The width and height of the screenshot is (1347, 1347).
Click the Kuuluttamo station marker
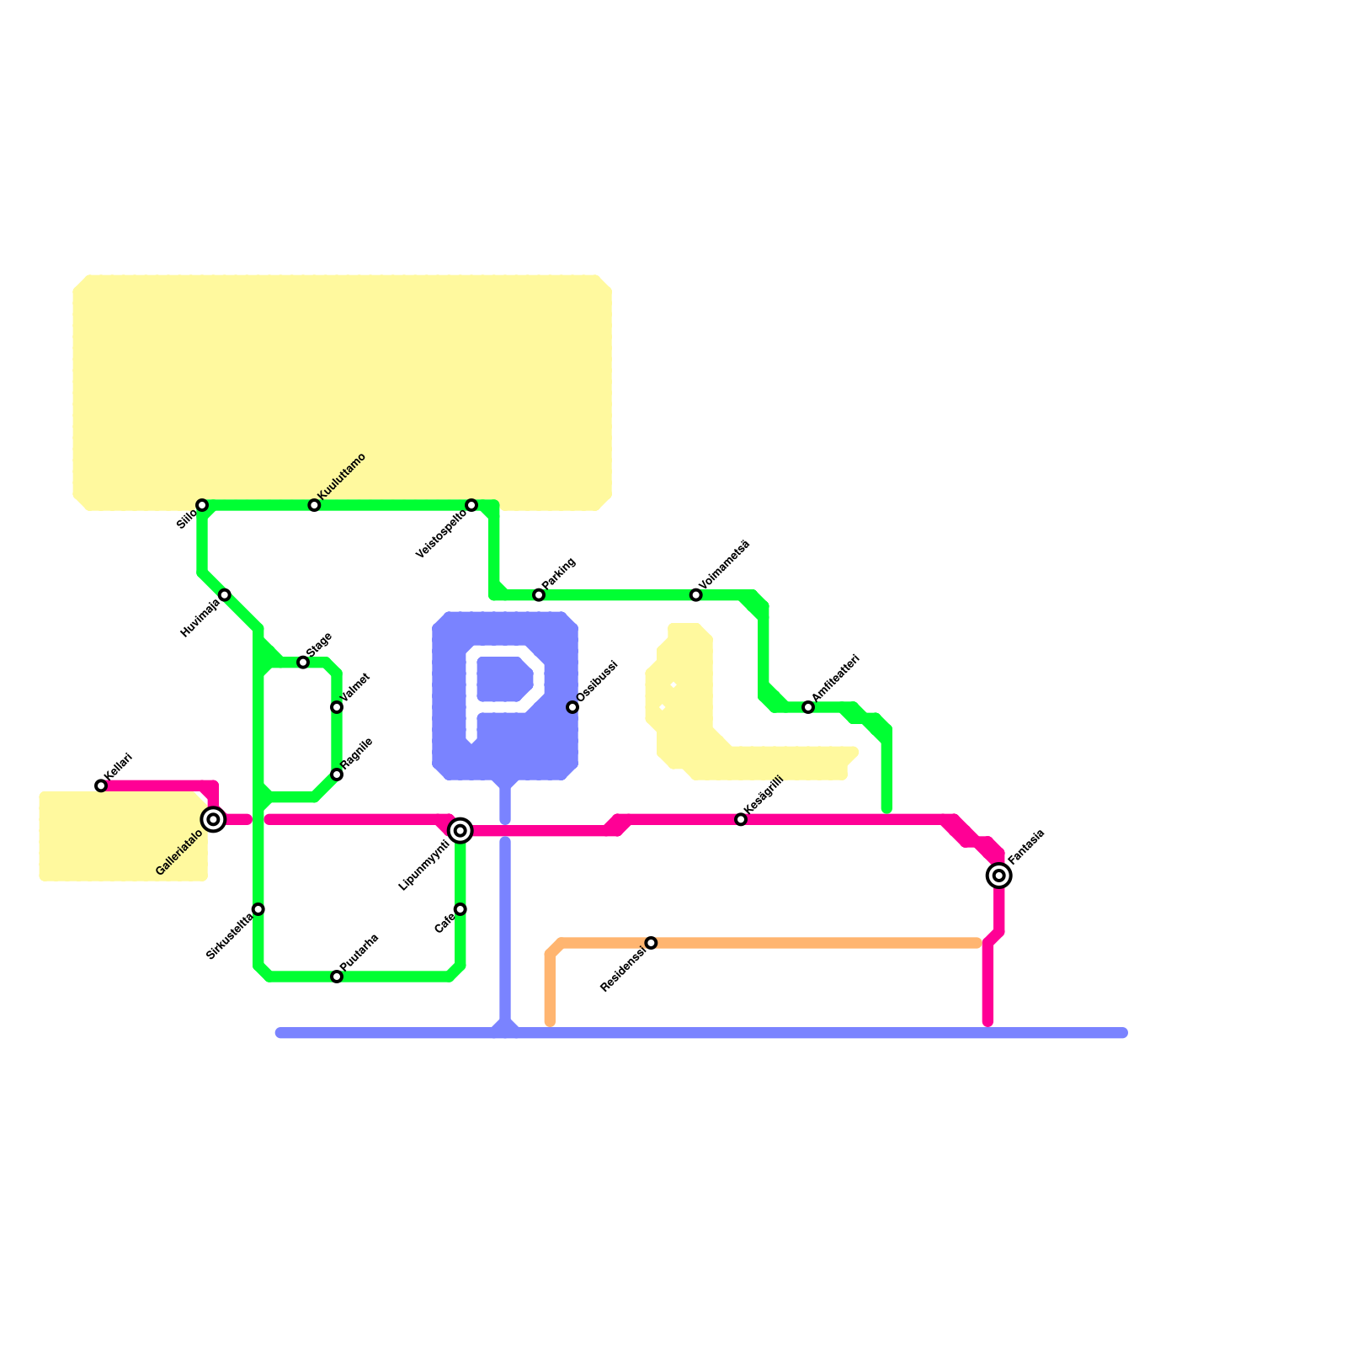(314, 505)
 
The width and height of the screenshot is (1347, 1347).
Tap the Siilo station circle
(202, 505)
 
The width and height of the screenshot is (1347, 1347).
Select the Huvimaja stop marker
(225, 595)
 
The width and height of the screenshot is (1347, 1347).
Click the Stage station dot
(303, 663)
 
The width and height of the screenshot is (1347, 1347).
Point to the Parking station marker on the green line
(539, 595)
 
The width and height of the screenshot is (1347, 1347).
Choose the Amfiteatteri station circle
(808, 707)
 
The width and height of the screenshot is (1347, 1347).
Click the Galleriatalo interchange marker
(214, 819)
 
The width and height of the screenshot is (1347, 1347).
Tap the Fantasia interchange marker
(999, 876)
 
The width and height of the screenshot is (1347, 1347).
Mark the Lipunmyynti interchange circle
(461, 831)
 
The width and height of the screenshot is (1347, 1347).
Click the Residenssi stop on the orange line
(651, 943)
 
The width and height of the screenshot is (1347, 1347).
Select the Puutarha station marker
(337, 977)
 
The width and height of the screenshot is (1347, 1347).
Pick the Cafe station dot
(461, 909)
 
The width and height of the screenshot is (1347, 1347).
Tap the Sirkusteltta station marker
(258, 909)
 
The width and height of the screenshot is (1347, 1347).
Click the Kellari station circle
(101, 785)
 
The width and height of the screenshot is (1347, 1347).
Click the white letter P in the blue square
(503, 690)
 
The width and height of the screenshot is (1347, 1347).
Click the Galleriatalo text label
(179, 852)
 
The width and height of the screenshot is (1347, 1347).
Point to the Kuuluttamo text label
(342, 477)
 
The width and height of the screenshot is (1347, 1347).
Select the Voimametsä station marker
(696, 595)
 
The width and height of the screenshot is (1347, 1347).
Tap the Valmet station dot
(337, 707)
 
